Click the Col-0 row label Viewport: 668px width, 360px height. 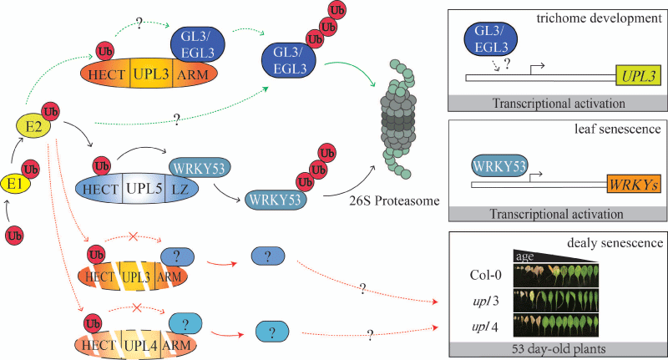[482, 274]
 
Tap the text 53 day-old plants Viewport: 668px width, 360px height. [556, 347]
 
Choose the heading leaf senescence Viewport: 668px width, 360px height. [623, 130]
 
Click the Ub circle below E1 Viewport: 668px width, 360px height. [15, 235]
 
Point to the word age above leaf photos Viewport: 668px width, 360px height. [524, 256]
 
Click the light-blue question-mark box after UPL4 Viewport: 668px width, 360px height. [271, 330]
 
